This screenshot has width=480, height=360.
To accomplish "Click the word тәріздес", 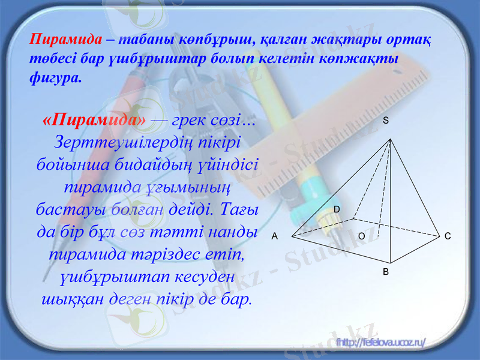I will pos(176,254).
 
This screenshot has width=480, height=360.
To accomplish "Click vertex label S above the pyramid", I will pos(386,121).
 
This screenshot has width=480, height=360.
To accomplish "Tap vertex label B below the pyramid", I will pos(386,271).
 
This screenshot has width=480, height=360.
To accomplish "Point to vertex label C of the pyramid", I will pos(448,236).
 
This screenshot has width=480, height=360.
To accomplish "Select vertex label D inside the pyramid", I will pos(337,208).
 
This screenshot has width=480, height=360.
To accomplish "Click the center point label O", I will pos(361,236).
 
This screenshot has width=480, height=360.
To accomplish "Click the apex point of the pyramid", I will pos(391,139).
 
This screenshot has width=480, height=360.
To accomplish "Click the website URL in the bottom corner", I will pos(382,343).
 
